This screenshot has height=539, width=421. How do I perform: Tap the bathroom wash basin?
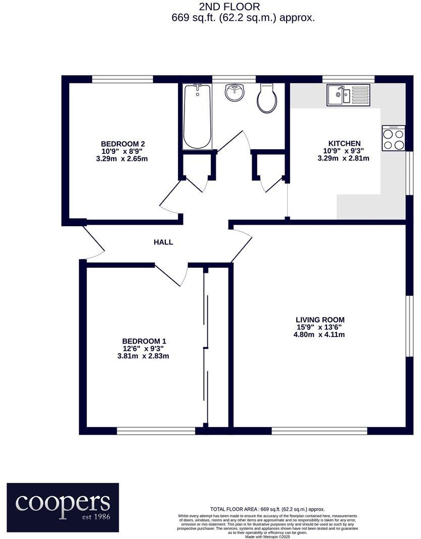pos(234,93)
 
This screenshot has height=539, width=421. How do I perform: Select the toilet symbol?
pos(267,98)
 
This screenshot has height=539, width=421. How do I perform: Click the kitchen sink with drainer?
pos(348,95)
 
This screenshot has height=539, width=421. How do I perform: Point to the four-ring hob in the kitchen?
pos(394,138)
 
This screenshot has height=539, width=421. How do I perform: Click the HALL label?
pos(163,242)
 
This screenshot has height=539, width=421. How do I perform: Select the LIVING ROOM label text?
pos(320,320)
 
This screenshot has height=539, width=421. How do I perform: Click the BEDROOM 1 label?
pos(144,341)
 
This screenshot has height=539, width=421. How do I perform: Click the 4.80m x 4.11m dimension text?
pos(320,335)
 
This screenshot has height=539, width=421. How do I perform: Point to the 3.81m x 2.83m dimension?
pos(143,356)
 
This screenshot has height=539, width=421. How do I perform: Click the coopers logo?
pos(63,507)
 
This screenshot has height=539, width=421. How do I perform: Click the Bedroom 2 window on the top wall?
pos(123,79)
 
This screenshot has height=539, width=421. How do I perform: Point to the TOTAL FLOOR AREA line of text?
pos(267,509)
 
